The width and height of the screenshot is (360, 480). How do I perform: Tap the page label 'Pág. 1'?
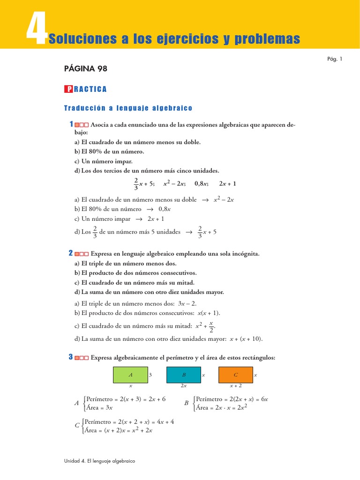click(x=334, y=59)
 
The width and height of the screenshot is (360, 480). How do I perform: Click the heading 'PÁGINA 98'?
click(x=85, y=69)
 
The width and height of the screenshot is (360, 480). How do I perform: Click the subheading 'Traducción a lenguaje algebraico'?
click(x=128, y=108)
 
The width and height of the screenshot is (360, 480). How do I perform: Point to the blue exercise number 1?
click(x=71, y=124)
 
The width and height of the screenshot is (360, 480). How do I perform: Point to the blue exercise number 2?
click(x=71, y=253)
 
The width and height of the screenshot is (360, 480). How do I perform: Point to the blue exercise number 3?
click(x=71, y=357)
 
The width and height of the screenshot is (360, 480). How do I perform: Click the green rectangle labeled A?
click(x=130, y=375)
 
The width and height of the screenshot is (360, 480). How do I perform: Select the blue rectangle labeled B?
click(x=183, y=375)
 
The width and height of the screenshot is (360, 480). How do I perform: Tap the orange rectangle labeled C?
click(x=235, y=375)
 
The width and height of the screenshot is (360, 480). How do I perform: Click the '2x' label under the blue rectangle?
click(x=183, y=386)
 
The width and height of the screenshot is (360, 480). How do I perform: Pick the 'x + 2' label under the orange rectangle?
click(x=235, y=386)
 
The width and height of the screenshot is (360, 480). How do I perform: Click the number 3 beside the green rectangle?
click(x=150, y=375)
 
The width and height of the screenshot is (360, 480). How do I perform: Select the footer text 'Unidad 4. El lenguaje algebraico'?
click(x=99, y=461)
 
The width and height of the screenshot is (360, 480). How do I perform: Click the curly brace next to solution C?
click(x=83, y=426)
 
